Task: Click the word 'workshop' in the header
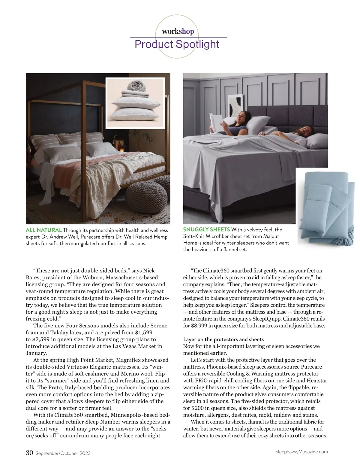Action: (178, 31)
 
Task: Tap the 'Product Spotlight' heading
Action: (177, 44)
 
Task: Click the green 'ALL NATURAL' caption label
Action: (44, 230)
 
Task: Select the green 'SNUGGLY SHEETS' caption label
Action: (206, 229)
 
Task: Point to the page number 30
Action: (29, 453)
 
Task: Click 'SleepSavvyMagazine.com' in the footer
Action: (301, 451)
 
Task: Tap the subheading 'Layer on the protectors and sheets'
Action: (223, 339)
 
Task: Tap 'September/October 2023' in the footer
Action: (63, 453)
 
